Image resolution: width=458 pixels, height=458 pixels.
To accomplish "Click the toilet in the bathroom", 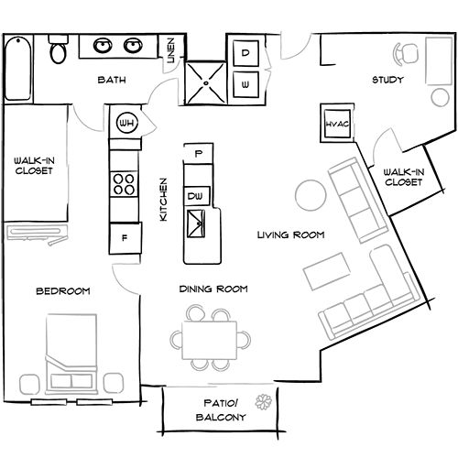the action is point(58,49).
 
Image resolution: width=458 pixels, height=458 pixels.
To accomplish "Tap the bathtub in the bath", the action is point(18,68).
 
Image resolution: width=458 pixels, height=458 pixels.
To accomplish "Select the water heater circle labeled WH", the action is point(127,123).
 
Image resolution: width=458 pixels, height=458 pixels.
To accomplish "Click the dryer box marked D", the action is point(245,53).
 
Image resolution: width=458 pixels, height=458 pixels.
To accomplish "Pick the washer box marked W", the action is point(245,84).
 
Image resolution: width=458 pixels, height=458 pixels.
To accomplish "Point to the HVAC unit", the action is point(337,124).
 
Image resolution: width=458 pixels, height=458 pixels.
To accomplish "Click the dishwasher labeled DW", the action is point(197,196).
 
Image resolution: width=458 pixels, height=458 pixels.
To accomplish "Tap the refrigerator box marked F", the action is point(125,238).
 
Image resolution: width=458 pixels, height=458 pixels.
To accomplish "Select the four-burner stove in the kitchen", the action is point(124,184).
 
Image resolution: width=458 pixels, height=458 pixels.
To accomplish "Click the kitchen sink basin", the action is point(196,224).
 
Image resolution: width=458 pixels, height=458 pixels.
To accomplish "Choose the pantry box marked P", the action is point(199,153).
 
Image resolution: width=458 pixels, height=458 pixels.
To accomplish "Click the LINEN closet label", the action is point(171,50).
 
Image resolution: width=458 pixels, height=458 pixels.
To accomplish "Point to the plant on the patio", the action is point(264,402).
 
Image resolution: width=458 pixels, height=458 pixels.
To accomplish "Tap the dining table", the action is point(210,340).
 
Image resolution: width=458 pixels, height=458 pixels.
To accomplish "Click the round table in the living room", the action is point(311,195).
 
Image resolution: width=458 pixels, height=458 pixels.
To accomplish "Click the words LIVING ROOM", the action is point(290,234).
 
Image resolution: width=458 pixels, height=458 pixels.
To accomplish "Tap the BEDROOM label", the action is point(63,291).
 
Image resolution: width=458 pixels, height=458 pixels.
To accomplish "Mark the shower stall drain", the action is point(206,83).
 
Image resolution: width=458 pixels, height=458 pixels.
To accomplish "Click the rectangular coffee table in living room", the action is point(327,271).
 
